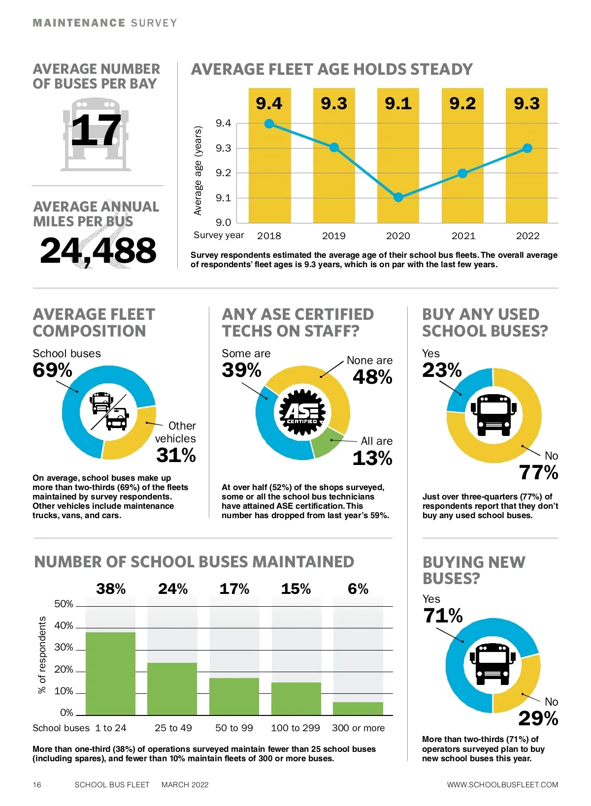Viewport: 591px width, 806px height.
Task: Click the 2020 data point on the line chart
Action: click(x=398, y=197)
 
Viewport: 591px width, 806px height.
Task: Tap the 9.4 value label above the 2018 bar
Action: click(x=269, y=103)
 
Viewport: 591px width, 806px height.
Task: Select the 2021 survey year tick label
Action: click(x=463, y=236)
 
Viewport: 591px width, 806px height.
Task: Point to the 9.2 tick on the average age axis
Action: click(x=223, y=173)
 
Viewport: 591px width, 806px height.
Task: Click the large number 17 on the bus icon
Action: click(x=96, y=130)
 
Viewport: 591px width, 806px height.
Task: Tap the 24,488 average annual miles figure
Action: click(x=98, y=250)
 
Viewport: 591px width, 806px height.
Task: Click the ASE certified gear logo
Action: click(x=302, y=412)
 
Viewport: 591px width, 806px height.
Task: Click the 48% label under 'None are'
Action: click(x=372, y=377)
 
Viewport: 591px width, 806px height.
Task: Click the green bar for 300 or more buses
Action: click(x=358, y=709)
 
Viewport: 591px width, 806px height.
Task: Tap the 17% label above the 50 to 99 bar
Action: click(x=234, y=589)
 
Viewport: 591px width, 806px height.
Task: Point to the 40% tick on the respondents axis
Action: click(x=64, y=626)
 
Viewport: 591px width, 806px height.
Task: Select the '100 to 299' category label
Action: click(x=295, y=728)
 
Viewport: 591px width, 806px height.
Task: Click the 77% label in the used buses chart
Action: click(x=538, y=473)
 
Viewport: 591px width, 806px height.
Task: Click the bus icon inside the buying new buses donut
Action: click(x=492, y=663)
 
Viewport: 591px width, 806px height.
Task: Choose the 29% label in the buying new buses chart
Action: click(x=538, y=719)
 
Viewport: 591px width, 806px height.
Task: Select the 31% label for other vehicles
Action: click(x=176, y=456)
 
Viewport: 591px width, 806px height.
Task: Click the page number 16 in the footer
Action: click(x=37, y=785)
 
